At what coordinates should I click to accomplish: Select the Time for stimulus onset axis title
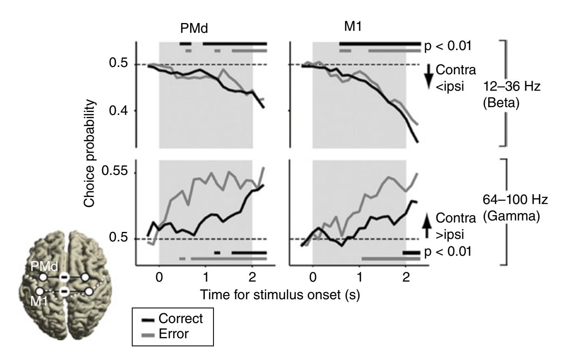click(x=280, y=295)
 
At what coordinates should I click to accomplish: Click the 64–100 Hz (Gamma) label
click(x=515, y=208)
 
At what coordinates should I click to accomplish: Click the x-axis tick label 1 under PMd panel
click(x=206, y=277)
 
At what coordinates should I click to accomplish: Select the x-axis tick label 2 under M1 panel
click(x=406, y=277)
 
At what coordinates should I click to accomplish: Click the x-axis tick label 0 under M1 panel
click(x=313, y=277)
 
